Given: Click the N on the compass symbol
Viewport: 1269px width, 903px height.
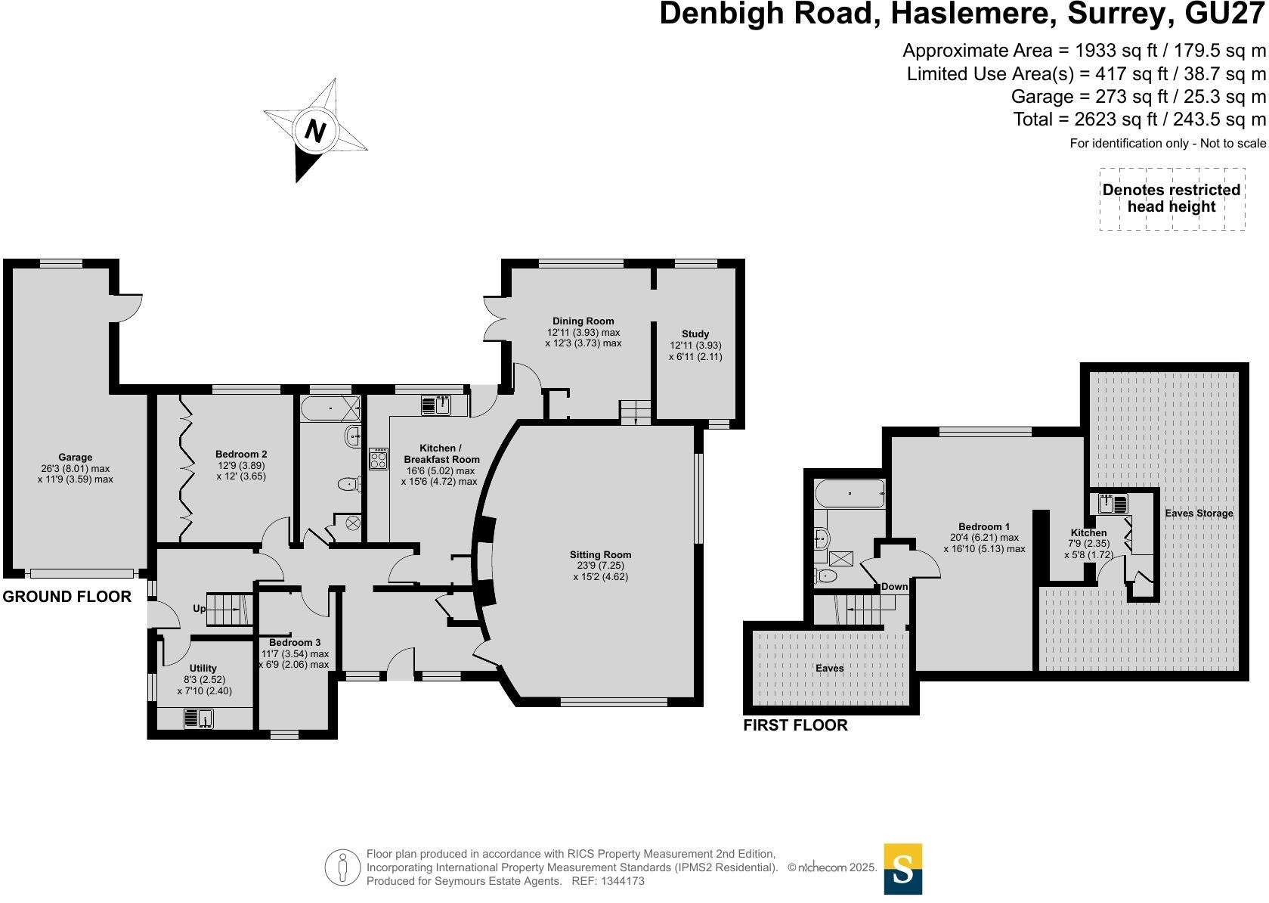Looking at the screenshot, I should [x=315, y=132].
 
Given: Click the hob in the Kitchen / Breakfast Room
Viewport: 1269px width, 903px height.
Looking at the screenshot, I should [x=379, y=459].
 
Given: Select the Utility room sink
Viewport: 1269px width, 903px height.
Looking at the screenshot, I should [x=199, y=718].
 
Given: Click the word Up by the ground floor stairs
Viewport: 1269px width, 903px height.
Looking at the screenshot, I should [x=200, y=608].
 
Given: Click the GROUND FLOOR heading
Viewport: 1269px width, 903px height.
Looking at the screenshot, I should [x=67, y=596].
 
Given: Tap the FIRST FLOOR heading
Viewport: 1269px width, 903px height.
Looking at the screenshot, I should [x=795, y=725].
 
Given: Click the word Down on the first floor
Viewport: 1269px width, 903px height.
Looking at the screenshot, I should [x=895, y=586].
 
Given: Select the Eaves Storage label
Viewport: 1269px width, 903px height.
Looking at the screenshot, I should [x=1199, y=513].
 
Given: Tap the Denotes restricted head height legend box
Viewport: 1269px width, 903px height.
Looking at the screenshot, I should [x=1172, y=199].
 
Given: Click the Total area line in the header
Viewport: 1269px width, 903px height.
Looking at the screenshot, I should [x=1139, y=119].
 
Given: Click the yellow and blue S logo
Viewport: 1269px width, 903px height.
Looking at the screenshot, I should [x=902, y=869].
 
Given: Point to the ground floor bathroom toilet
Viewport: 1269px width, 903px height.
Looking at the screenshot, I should [x=348, y=484].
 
